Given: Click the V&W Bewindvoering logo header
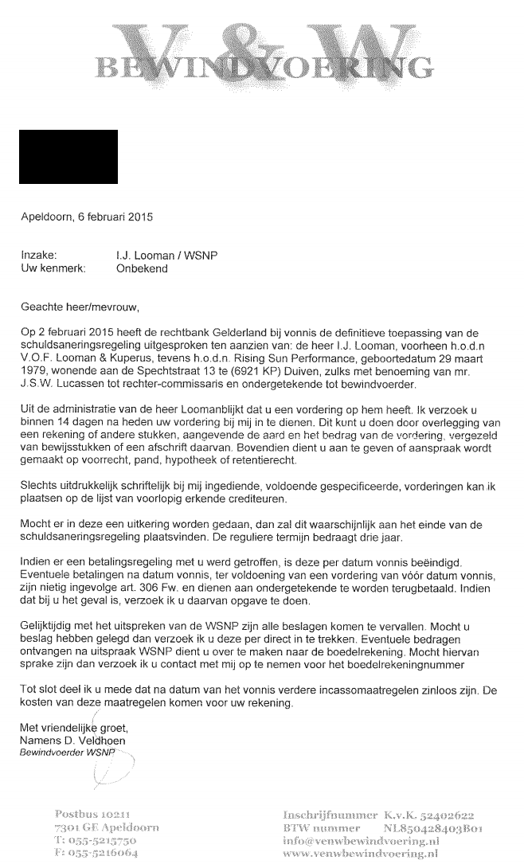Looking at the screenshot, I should (x=262, y=48).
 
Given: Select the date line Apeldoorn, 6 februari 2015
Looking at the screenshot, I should (x=87, y=216).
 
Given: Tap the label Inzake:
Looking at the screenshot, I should (x=41, y=256).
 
